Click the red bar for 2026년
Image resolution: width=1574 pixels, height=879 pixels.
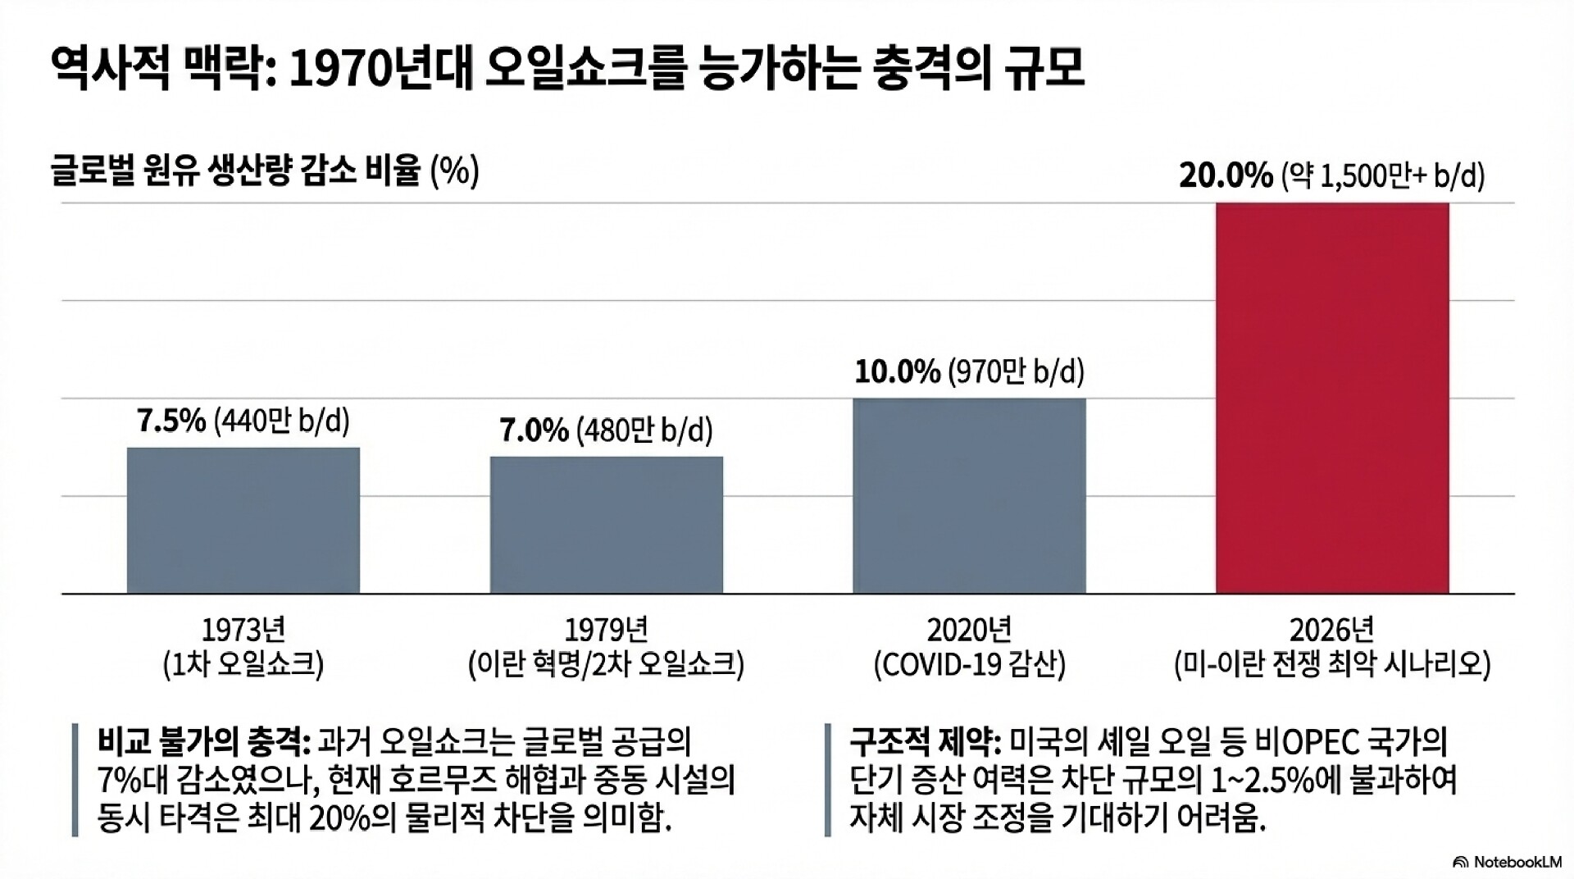pyautogui.click(x=1332, y=398)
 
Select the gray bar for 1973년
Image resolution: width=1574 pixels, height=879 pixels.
pyautogui.click(x=243, y=520)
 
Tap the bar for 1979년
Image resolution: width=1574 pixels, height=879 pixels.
pyautogui.click(x=607, y=525)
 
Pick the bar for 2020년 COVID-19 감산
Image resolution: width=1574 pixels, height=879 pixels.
pyautogui.click(x=969, y=495)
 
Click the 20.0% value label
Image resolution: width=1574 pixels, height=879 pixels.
pyautogui.click(x=1226, y=176)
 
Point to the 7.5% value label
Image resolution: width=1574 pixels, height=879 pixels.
pyautogui.click(x=171, y=421)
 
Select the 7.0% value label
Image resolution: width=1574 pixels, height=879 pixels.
pyautogui.click(x=535, y=430)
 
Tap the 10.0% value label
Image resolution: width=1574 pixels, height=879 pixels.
pyautogui.click(x=897, y=372)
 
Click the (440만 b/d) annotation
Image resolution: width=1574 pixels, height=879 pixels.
pyautogui.click(x=281, y=421)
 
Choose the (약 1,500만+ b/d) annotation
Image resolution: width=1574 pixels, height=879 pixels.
pyautogui.click(x=1382, y=176)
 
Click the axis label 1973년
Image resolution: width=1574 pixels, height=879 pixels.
pyautogui.click(x=243, y=630)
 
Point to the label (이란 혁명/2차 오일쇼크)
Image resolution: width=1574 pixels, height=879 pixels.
pyautogui.click(x=607, y=664)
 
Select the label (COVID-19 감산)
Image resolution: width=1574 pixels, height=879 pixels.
pyautogui.click(x=969, y=664)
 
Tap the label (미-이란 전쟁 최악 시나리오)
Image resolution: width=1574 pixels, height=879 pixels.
pyautogui.click(x=1332, y=664)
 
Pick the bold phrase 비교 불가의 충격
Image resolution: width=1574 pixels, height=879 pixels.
pyautogui.click(x=202, y=743)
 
